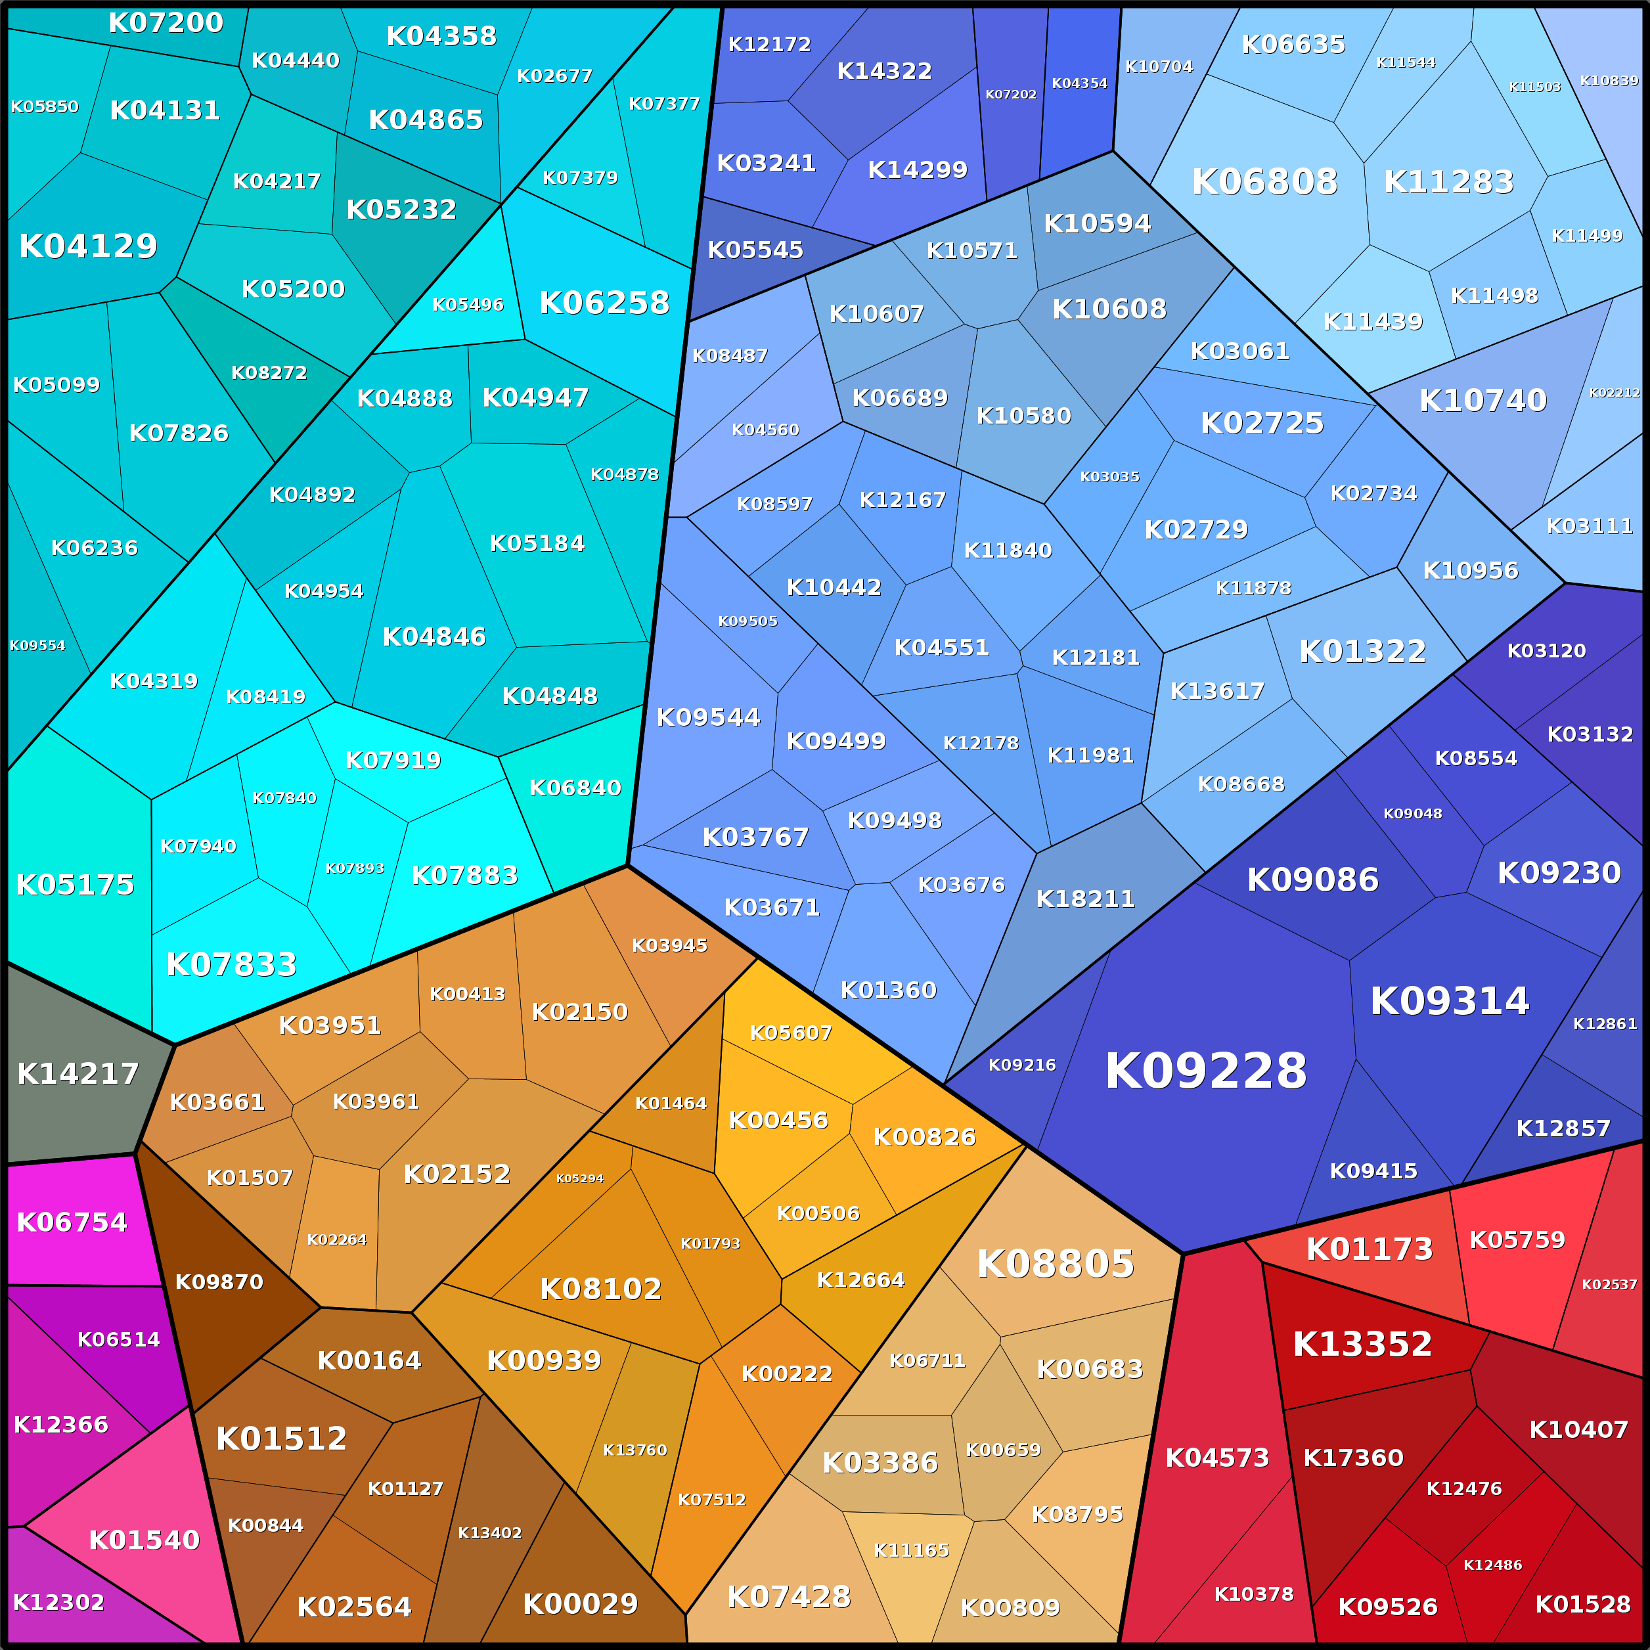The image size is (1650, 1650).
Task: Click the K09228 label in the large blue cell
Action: pyautogui.click(x=1206, y=1071)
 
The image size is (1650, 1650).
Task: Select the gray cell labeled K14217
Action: pyautogui.click(x=78, y=1073)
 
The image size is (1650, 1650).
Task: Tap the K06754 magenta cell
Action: pyautogui.click(x=72, y=1222)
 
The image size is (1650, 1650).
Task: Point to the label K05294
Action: pyautogui.click(x=580, y=1178)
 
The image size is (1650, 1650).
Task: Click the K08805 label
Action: pyautogui.click(x=1056, y=1264)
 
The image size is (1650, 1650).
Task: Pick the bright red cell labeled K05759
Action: pyautogui.click(x=1517, y=1240)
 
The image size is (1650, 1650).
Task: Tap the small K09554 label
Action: pyautogui.click(x=37, y=646)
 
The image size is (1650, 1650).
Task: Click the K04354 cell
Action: pyautogui.click(x=1079, y=83)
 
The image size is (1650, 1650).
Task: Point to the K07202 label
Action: pyautogui.click(x=1011, y=95)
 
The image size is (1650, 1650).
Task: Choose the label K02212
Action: pyautogui.click(x=1614, y=393)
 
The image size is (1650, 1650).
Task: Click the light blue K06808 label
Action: pyautogui.click(x=1264, y=182)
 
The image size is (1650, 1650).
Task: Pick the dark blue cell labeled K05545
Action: pyautogui.click(x=755, y=250)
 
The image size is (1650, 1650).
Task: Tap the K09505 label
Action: pyautogui.click(x=748, y=621)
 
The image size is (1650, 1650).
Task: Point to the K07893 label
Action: pyautogui.click(x=355, y=868)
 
